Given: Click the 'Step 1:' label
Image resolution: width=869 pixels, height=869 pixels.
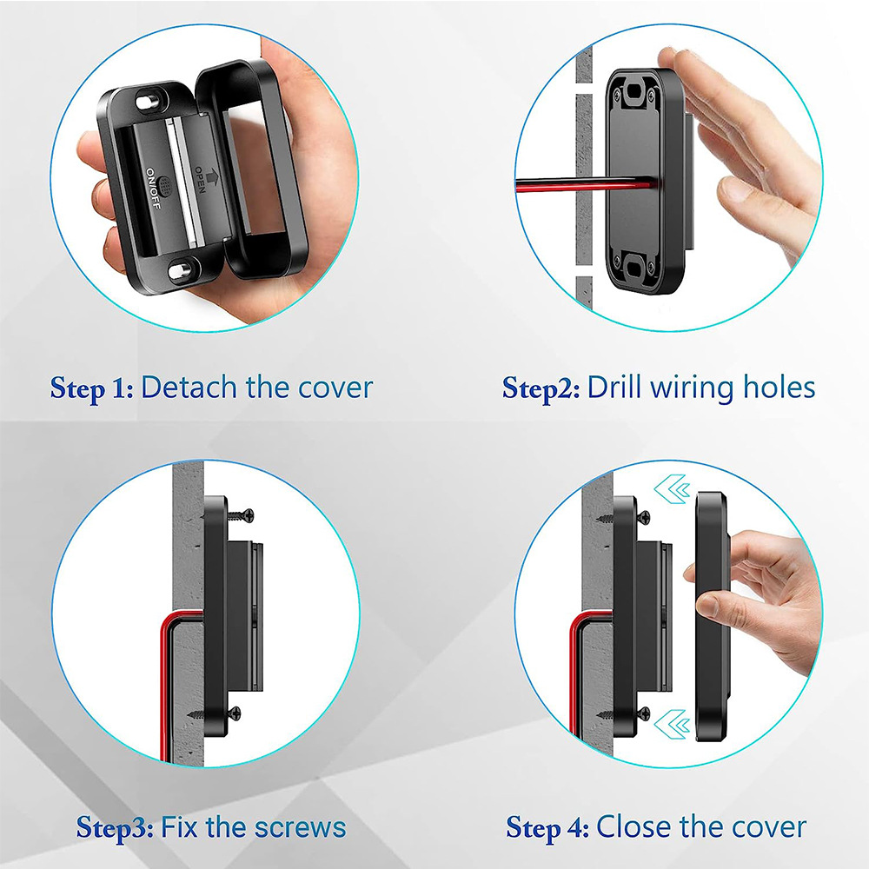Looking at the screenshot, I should click(x=91, y=388).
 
